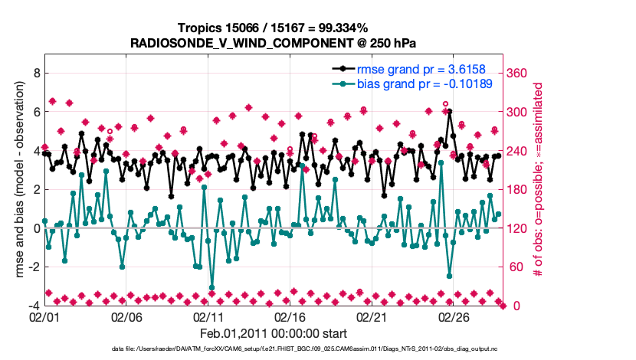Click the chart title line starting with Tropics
273,28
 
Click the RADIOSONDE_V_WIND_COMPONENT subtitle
273,43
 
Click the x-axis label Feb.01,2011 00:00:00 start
273,333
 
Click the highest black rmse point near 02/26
449,111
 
